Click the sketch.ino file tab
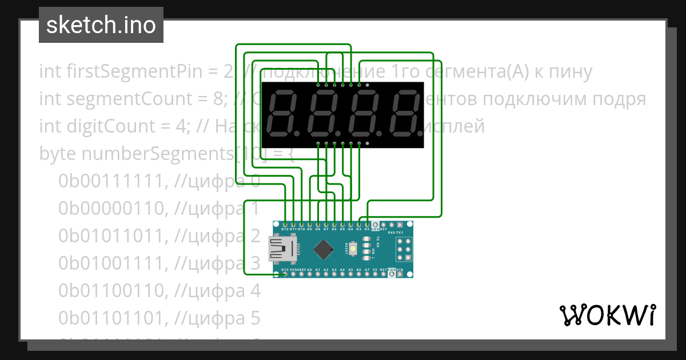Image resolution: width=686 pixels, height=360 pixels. tap(101, 25)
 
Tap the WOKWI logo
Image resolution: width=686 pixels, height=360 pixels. tap(607, 315)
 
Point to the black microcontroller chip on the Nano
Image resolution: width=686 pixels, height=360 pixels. tap(324, 249)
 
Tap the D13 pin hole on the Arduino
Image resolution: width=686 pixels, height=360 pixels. tap(285, 274)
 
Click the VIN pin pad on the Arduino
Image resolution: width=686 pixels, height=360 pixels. tap(408, 274)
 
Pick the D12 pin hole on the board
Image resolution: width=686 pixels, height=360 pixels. tap(285, 224)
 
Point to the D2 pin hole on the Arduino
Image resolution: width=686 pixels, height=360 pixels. tap(367, 224)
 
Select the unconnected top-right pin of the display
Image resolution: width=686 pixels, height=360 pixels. tap(367, 85)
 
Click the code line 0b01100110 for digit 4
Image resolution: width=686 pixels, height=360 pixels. tap(159, 291)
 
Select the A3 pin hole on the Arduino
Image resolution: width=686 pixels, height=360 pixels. tap(334, 274)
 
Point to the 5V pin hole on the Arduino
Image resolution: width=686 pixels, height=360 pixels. tap(375, 274)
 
